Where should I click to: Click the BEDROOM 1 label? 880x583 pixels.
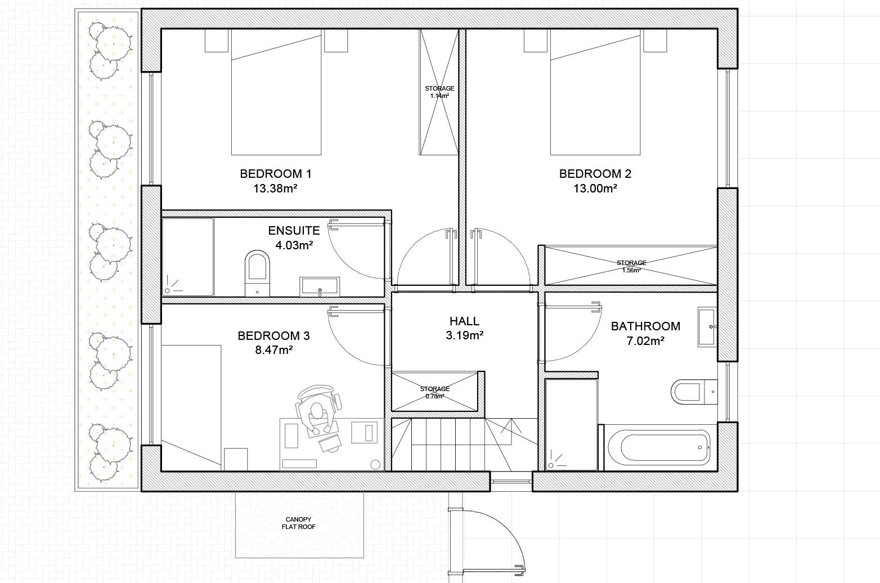276,174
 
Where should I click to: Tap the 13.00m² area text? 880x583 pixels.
595,189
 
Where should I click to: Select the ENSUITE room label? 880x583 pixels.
294,231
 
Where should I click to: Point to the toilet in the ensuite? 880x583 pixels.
257,273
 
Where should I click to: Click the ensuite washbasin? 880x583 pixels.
320,286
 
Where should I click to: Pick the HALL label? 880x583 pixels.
464,321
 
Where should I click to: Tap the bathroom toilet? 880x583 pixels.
694,391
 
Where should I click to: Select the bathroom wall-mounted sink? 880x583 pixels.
707,327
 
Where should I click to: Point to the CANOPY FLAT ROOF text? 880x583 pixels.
299,523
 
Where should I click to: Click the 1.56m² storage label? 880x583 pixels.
631,266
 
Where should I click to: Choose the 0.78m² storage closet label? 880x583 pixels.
435,392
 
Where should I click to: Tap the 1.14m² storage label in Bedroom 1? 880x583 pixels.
439,92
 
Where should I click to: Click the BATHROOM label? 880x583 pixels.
645,326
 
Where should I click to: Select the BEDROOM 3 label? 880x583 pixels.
274,336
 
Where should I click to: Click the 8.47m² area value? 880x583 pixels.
274,350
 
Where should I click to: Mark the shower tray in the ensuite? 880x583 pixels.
188,257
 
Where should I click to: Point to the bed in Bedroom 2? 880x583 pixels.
595,92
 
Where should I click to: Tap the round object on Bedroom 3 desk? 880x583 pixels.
375,465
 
